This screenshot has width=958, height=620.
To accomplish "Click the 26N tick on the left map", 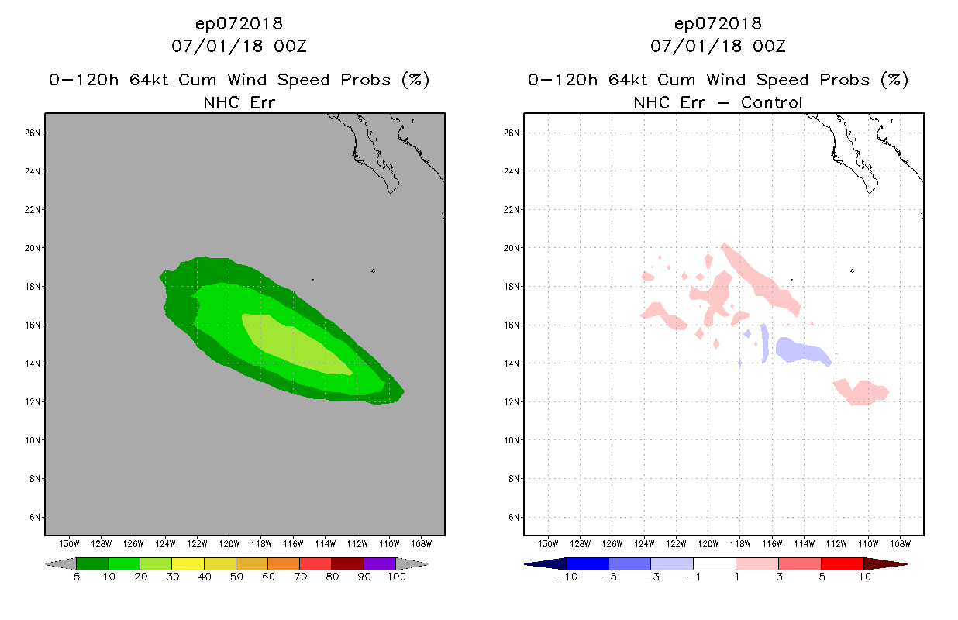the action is pos(33,133).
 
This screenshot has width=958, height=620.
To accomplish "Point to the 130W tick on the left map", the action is pos(69,544).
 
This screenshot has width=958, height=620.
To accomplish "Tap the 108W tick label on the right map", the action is pos(901,544).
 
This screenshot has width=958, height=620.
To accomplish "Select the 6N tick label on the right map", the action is pos(514,518).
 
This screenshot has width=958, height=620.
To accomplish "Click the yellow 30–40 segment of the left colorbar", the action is pos(188,563).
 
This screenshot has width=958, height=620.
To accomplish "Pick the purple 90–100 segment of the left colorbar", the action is pos(380,563).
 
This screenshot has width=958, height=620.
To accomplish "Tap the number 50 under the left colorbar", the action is pos(236,577).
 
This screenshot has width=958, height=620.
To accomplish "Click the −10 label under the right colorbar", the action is pos(567,577).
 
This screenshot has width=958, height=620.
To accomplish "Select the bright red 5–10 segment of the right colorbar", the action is pos(843,563).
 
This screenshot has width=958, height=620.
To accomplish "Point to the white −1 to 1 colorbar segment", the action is pos(715,563).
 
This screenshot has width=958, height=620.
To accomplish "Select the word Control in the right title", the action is pos(771,103).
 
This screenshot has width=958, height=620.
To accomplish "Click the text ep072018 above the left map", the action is pos(239,24).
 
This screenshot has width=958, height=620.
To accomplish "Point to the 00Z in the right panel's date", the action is pos(769,46).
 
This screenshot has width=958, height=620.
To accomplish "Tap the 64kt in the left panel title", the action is pos(149,80).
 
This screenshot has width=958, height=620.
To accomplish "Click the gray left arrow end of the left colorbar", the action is pos(60,563).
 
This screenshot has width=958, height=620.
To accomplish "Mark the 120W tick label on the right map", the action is pos(708,544).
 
